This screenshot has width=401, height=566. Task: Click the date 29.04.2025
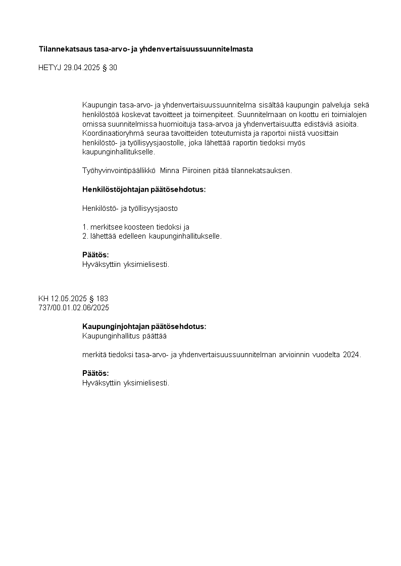tap(79, 68)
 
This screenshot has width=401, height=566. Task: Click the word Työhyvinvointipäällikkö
tap(119, 171)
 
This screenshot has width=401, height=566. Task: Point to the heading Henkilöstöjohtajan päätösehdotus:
tap(144, 190)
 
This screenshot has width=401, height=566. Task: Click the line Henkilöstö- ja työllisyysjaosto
tap(130, 208)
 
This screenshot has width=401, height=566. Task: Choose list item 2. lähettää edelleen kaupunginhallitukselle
tap(152, 236)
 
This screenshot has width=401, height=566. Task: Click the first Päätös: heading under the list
tap(95, 255)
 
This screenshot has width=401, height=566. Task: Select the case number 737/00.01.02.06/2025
tap(74, 307)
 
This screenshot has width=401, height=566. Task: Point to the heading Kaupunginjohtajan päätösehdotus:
tap(144, 326)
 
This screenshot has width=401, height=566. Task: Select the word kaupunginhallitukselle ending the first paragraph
tap(118, 151)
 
